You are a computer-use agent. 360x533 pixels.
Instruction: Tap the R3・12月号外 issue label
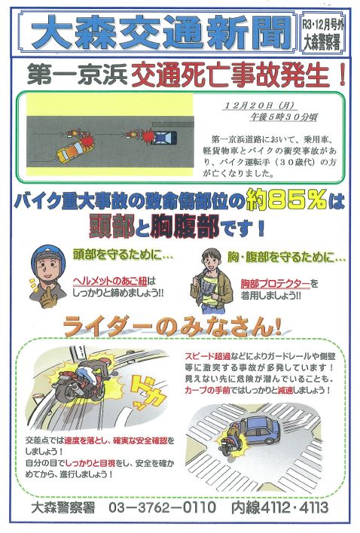click(x=322, y=25)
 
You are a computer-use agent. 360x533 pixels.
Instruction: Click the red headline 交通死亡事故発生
click(x=238, y=75)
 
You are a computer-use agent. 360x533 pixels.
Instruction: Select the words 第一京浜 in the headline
click(x=77, y=75)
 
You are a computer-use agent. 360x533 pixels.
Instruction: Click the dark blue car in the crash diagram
click(x=164, y=137)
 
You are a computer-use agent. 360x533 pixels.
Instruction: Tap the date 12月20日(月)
click(x=258, y=105)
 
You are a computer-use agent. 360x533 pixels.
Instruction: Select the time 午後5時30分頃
click(x=283, y=117)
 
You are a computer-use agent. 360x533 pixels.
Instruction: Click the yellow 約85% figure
click(x=286, y=199)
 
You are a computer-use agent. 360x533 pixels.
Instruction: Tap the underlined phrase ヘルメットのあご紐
click(x=110, y=281)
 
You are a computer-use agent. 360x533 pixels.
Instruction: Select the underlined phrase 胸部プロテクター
click(x=276, y=283)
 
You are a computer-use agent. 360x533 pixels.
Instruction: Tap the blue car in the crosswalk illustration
click(x=259, y=431)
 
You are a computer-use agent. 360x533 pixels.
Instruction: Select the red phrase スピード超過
click(x=208, y=357)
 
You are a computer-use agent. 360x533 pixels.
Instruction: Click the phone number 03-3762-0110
click(x=162, y=507)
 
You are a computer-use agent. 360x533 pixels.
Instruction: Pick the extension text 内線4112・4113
click(x=279, y=507)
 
